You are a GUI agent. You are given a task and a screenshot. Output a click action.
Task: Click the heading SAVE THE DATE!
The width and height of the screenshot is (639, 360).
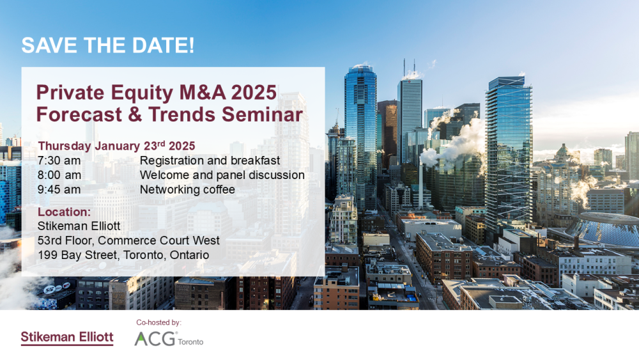click(x=108, y=46)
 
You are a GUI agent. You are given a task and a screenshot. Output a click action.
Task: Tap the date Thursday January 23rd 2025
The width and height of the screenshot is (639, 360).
click(x=116, y=145)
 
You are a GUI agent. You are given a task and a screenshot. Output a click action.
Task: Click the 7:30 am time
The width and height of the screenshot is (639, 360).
click(x=59, y=160)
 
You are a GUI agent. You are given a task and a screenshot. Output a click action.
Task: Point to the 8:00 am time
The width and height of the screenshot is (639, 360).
click(x=59, y=175)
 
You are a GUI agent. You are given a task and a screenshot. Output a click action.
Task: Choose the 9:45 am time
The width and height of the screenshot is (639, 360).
click(x=59, y=189)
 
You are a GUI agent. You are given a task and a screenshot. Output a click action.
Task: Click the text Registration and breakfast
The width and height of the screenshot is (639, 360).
click(x=210, y=160)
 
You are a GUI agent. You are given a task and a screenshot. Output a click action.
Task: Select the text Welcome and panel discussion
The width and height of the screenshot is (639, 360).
click(x=222, y=175)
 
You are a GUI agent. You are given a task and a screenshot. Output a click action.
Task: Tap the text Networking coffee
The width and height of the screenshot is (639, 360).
click(x=187, y=189)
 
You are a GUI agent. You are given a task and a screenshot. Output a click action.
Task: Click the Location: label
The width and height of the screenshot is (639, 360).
click(x=64, y=212)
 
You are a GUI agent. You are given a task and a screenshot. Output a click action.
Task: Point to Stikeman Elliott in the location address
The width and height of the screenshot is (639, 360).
click(x=79, y=226)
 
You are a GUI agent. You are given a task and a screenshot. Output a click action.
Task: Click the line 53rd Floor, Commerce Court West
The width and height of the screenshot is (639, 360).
click(x=128, y=240)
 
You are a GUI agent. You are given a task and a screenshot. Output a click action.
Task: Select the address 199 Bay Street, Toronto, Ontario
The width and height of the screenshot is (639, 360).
click(x=123, y=255)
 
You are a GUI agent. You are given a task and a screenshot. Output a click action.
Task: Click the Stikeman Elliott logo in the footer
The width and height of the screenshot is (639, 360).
click(x=67, y=338)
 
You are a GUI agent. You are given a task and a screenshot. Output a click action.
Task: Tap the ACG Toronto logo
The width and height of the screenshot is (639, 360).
click(x=168, y=340)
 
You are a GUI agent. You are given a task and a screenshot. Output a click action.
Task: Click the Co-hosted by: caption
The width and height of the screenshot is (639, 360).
click(x=159, y=323)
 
